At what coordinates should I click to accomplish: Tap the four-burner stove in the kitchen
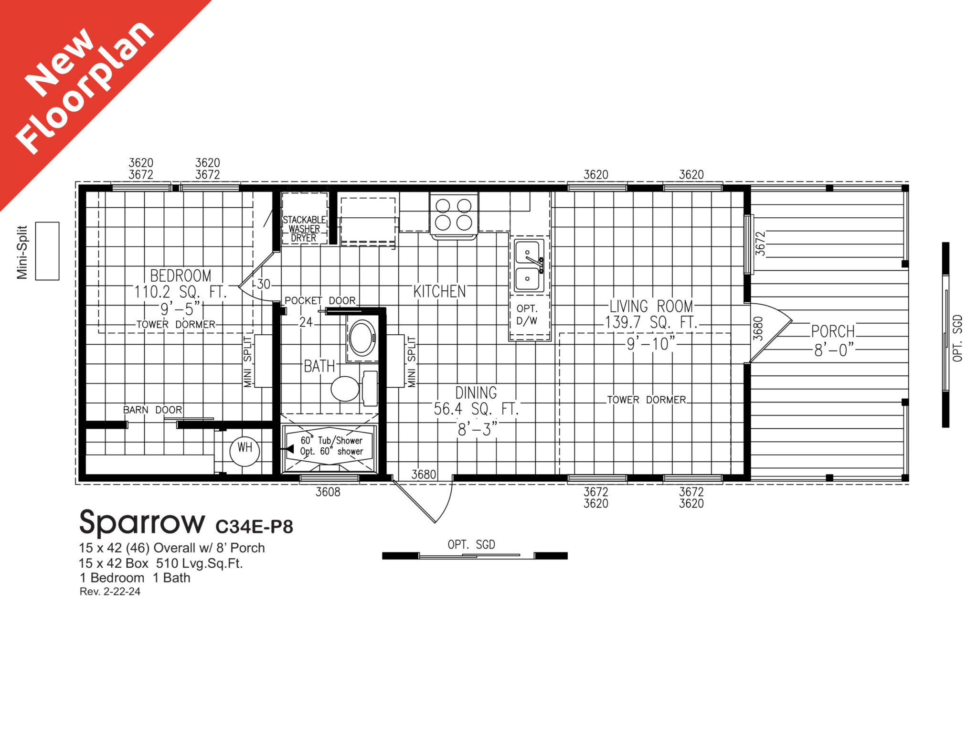coord(453,214)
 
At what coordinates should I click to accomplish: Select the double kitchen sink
coord(529,265)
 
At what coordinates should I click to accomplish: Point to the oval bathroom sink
coord(362,337)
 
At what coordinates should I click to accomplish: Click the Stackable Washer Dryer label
coord(304,229)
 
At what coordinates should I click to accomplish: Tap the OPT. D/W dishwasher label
coord(527,315)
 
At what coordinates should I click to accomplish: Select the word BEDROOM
coord(181,276)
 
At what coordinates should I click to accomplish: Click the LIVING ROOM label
coord(651,306)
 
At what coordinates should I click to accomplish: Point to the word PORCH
coord(833,331)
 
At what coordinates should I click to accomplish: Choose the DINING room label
coord(476,393)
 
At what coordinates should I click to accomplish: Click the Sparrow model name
coord(142,523)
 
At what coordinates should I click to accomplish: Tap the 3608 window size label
coord(328,492)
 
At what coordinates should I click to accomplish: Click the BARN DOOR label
coord(152,410)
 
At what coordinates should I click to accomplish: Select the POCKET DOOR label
coord(320,300)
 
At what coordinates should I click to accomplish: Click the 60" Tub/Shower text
coord(331,440)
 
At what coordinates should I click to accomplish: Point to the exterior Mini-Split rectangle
coord(47,251)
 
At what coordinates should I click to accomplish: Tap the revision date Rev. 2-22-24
coord(110,592)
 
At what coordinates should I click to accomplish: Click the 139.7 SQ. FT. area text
coord(651,323)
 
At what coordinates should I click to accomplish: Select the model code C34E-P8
coord(254,527)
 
